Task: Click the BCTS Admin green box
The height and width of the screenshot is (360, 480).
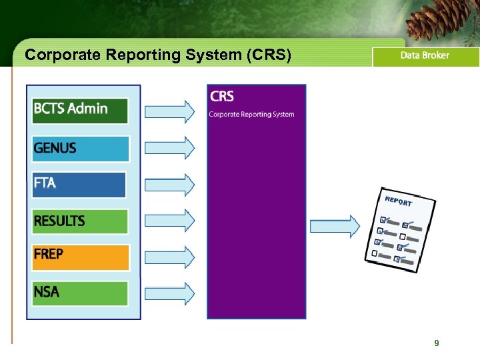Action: pos(80,110)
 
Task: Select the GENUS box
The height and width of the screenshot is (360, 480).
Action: pos(80,149)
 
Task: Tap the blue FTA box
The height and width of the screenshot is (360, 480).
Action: pos(79,185)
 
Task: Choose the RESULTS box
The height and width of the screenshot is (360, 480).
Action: pos(80,221)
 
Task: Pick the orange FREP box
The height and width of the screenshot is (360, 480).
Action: pos(80,257)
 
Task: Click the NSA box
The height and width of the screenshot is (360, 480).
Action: pos(80,293)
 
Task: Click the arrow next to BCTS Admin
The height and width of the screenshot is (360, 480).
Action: pos(170,111)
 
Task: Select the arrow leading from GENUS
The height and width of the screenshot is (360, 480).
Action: pos(170,147)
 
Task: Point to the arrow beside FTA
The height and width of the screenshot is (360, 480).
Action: pos(170,183)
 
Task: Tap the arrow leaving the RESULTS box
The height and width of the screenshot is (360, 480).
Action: pos(170,219)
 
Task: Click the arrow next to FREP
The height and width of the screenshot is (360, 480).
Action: pos(170,256)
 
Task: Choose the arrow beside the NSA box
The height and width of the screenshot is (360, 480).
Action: pos(170,293)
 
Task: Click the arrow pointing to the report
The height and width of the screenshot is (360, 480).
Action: pos(335,226)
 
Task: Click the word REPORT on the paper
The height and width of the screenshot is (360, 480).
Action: pos(399,201)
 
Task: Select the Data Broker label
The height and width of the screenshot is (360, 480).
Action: pos(425,56)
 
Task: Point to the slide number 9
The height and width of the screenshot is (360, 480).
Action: pos(436,343)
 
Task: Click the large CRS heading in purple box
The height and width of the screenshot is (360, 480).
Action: pos(222,97)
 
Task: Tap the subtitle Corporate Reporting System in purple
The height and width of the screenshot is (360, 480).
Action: pos(251,114)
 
